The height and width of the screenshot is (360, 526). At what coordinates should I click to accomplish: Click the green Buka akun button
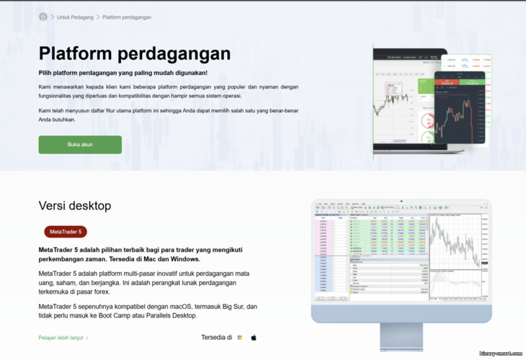[80, 145]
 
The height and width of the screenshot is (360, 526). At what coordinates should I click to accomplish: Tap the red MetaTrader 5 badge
[66, 232]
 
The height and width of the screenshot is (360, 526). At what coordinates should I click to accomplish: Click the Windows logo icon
[240, 337]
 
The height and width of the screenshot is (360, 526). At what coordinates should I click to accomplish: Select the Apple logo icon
[254, 337]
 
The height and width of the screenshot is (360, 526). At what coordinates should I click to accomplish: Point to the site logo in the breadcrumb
[43, 17]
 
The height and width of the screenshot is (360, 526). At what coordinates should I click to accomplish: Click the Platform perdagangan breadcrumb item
[127, 17]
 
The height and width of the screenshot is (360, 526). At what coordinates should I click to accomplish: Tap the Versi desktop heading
[75, 206]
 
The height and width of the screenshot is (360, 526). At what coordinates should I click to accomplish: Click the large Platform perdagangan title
[134, 53]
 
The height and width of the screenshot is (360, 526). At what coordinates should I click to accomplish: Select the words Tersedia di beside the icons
[216, 337]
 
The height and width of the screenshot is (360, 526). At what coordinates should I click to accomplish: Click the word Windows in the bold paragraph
[184, 258]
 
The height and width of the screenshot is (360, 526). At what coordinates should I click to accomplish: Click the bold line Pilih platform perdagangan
[122, 73]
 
